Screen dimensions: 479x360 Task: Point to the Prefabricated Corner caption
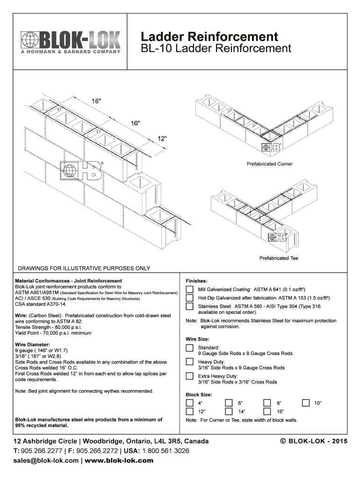point(269,164)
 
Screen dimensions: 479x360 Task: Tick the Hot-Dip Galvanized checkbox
point(189,298)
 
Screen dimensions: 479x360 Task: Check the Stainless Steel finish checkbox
point(189,307)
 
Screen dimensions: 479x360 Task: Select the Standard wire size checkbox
point(189,348)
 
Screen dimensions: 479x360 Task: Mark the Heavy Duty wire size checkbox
point(189,362)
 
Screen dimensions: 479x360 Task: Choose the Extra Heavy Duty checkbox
point(189,376)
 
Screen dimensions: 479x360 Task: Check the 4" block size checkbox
point(189,403)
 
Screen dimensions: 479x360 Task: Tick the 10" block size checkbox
point(306,403)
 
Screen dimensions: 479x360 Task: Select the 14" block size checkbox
point(228,412)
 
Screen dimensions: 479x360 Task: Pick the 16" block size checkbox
point(267,412)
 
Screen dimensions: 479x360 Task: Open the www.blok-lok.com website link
point(119,460)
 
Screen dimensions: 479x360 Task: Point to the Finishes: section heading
point(196,281)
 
